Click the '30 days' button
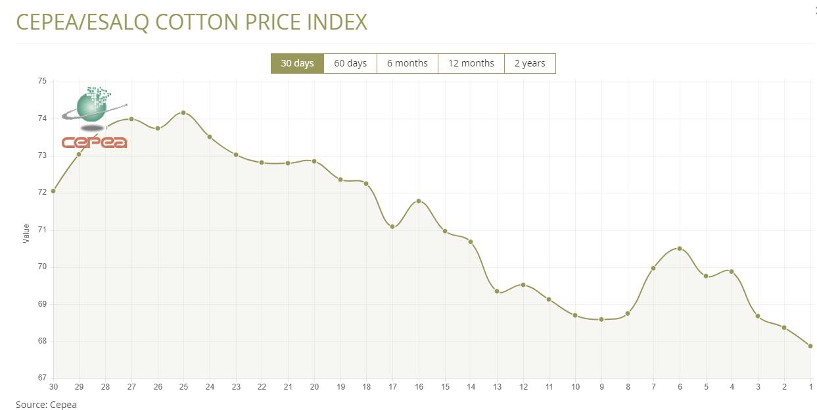tap(297, 63)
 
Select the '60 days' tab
tap(350, 63)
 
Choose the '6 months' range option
tap(407, 63)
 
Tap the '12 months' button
tap(471, 63)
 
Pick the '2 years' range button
tap(529, 63)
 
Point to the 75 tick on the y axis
tap(42, 81)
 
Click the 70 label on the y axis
tap(42, 267)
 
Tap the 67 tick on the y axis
tap(42, 378)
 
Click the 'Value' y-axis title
tap(26, 234)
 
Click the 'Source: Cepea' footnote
tap(46, 405)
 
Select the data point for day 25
tap(183, 113)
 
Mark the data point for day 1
tap(810, 346)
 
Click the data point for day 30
tap(53, 191)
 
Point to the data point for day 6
tap(680, 248)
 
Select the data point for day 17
tap(392, 226)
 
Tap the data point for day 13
tap(497, 292)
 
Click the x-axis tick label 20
tap(314, 387)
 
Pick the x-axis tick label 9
tap(601, 387)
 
